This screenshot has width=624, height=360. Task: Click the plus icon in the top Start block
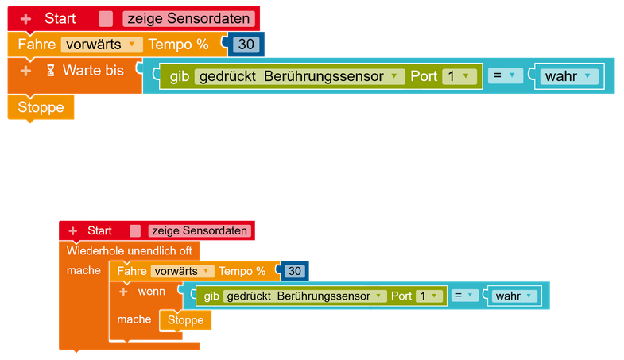25,18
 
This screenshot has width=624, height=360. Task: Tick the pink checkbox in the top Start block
106,19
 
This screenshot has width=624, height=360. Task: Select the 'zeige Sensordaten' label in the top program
189,19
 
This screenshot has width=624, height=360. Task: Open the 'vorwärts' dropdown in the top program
102,45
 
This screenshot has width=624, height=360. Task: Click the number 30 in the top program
246,45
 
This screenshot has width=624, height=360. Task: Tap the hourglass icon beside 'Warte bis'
50,71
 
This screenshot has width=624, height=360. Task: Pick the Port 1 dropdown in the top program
459,76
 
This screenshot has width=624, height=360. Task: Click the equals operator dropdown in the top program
505,76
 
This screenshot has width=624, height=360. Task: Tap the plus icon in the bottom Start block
73,230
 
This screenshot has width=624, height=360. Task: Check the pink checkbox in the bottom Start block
135,231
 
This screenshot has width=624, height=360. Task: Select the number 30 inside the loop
295,271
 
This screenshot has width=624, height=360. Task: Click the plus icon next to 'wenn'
123,292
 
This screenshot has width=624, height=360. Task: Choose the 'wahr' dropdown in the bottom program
514,296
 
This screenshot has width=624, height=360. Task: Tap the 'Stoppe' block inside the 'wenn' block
185,320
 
